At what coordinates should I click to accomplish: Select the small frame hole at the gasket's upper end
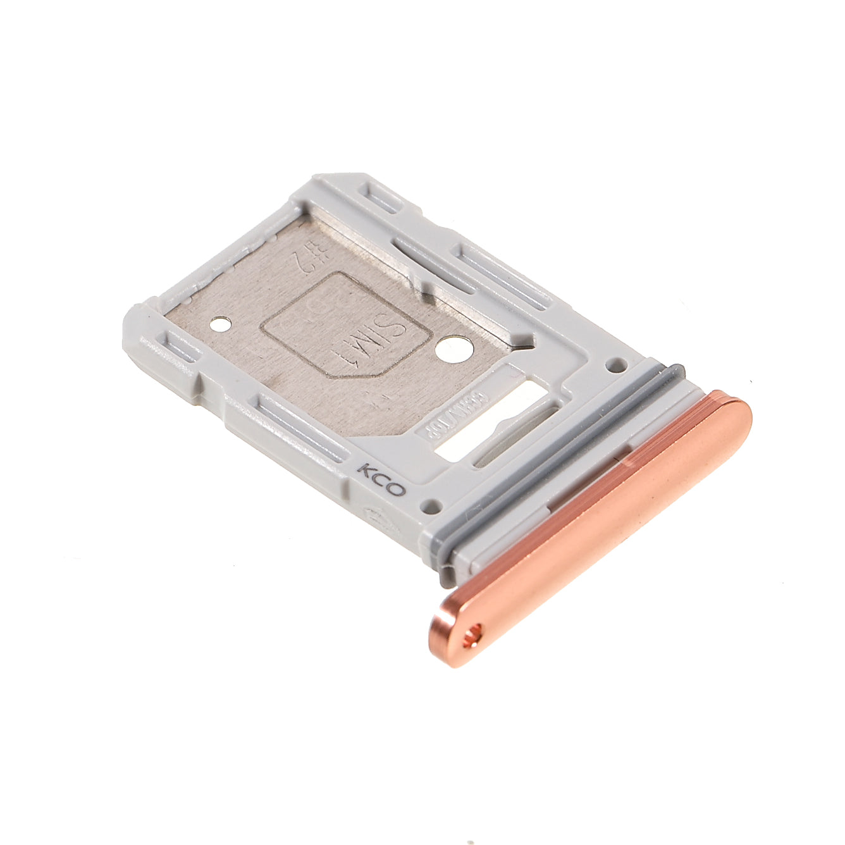pyautogui.click(x=617, y=364)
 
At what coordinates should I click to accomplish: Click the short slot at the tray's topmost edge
pyautogui.click(x=382, y=199)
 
